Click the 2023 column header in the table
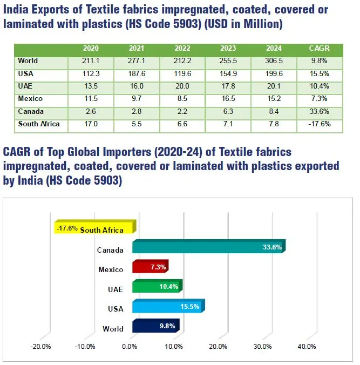pos(229,49)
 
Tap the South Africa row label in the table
pos(39,124)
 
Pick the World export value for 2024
pos(275,61)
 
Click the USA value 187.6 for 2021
pos(137,74)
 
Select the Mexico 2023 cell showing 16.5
pos(229,99)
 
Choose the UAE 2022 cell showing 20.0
pos(183,86)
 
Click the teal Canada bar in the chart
pos(208,247)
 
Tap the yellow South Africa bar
pos(94,228)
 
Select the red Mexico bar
pos(150,267)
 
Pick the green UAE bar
pos(157,287)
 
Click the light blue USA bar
pos(167,307)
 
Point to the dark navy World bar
pos(155,326)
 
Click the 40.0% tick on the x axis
pos(307,347)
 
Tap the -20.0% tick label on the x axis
pos(41,347)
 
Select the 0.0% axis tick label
pos(130,347)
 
